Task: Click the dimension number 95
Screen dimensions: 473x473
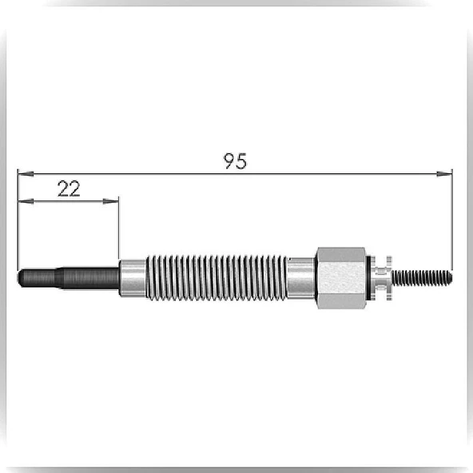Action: (235, 161)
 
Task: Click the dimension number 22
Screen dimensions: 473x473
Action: (69, 189)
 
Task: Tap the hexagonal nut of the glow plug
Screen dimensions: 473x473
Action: (341, 278)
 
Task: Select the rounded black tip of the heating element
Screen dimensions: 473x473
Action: (21, 278)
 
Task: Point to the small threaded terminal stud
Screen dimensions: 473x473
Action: (422, 277)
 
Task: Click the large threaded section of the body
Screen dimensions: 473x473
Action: (217, 278)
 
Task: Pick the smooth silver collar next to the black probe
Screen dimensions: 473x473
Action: (133, 278)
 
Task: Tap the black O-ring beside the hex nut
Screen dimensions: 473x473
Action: (368, 278)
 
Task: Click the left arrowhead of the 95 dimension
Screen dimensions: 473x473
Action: (26, 173)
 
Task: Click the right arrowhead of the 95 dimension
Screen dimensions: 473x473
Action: (444, 173)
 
